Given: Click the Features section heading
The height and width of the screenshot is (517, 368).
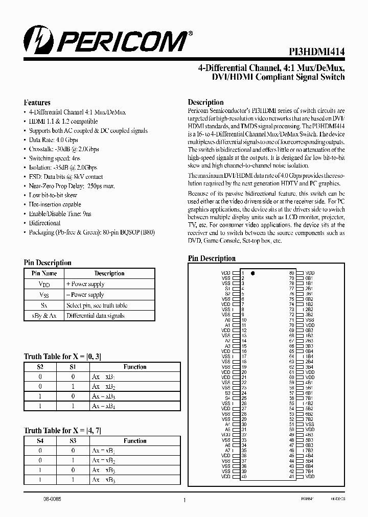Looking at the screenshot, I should point(37,102).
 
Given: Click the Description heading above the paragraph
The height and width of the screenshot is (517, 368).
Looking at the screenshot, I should point(205,102).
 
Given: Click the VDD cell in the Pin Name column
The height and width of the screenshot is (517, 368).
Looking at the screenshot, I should point(44,284).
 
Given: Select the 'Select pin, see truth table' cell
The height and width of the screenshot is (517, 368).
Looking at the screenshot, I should point(97,305).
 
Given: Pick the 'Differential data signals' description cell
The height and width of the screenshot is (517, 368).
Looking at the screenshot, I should point(95,316).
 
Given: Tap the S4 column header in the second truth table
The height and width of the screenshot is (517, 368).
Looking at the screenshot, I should point(41,441).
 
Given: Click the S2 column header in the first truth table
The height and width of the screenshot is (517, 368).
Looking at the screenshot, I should point(41,367).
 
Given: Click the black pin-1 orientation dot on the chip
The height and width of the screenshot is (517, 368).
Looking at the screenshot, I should point(253,273).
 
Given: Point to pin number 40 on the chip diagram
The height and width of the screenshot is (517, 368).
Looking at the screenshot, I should point(244,477).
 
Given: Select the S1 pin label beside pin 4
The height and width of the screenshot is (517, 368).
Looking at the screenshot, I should point(227,289).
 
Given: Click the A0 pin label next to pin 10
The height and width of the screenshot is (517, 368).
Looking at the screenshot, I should point(227,320).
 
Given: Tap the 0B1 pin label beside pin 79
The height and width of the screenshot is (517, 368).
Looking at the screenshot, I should point(309,278).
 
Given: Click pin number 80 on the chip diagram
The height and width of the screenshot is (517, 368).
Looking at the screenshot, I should point(291,273).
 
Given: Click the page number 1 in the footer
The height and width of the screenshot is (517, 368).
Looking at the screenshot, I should point(184,501).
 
